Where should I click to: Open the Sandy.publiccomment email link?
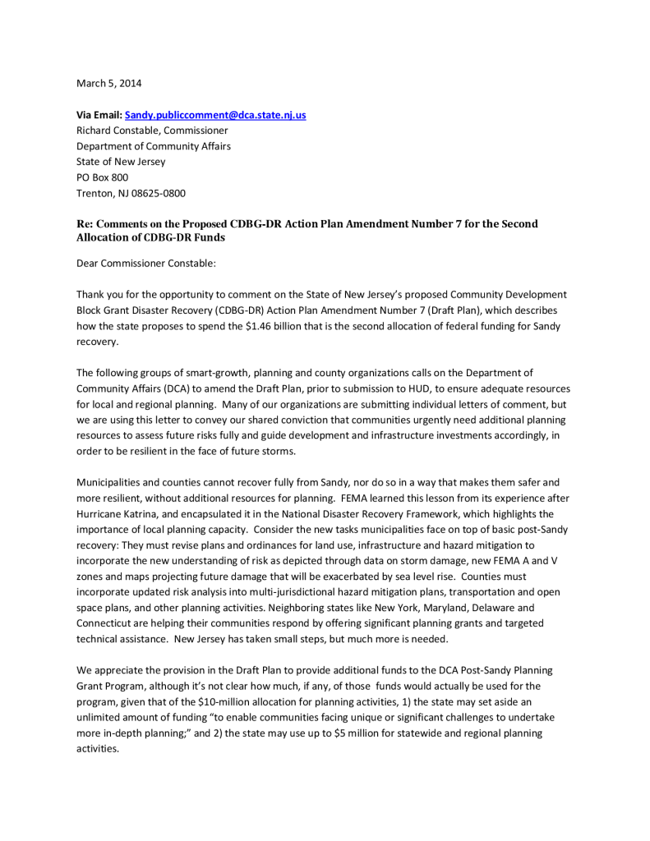click(x=214, y=115)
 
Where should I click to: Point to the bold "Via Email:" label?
click(x=99, y=115)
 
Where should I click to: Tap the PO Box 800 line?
click(x=102, y=177)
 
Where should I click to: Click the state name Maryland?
click(x=437, y=608)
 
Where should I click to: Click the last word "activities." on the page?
click(x=98, y=748)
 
